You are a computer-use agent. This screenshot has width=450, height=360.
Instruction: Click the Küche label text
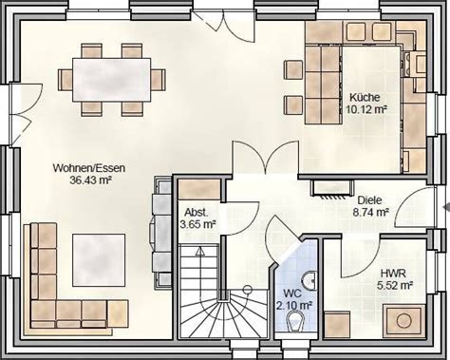pyautogui.click(x=364, y=98)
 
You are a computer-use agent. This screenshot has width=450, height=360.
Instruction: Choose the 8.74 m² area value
pyautogui.click(x=370, y=214)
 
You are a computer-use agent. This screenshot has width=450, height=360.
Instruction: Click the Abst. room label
pyautogui.click(x=196, y=213)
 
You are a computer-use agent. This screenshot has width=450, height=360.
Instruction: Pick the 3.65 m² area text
pyautogui.click(x=197, y=225)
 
